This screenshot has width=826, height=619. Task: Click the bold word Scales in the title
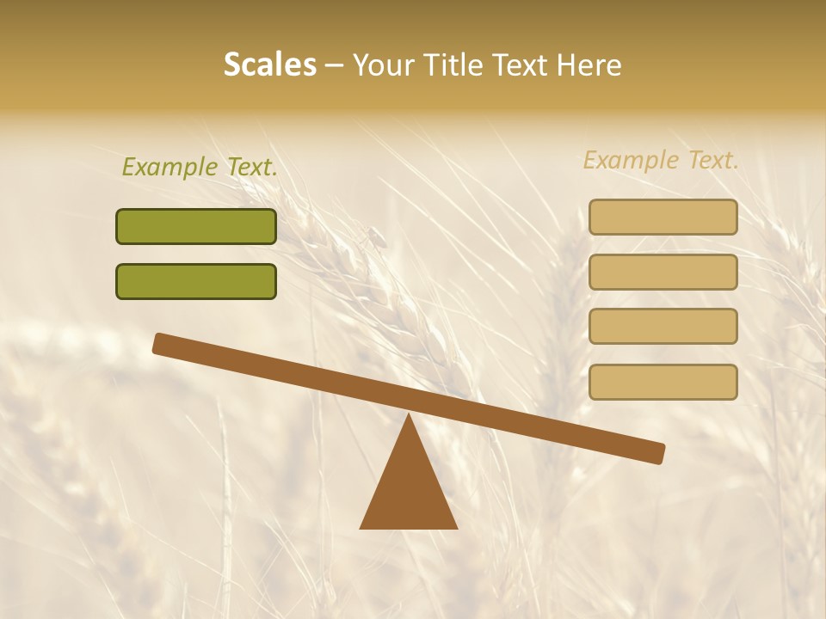[269, 64]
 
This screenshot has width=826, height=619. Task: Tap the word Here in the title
[589, 64]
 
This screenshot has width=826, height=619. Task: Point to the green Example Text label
[200, 167]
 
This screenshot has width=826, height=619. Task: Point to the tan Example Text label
[661, 160]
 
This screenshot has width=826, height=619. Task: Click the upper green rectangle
[196, 226]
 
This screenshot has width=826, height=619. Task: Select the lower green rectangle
[196, 281]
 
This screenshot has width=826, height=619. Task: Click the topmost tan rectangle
[663, 217]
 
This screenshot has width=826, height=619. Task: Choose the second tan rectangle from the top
[663, 272]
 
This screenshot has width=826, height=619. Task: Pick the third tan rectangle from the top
[663, 326]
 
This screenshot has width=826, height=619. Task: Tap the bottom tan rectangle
[663, 382]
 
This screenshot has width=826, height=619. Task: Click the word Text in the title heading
[518, 64]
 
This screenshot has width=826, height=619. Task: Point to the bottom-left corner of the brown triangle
[361, 528]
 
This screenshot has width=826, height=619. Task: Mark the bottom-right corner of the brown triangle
[457, 528]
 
